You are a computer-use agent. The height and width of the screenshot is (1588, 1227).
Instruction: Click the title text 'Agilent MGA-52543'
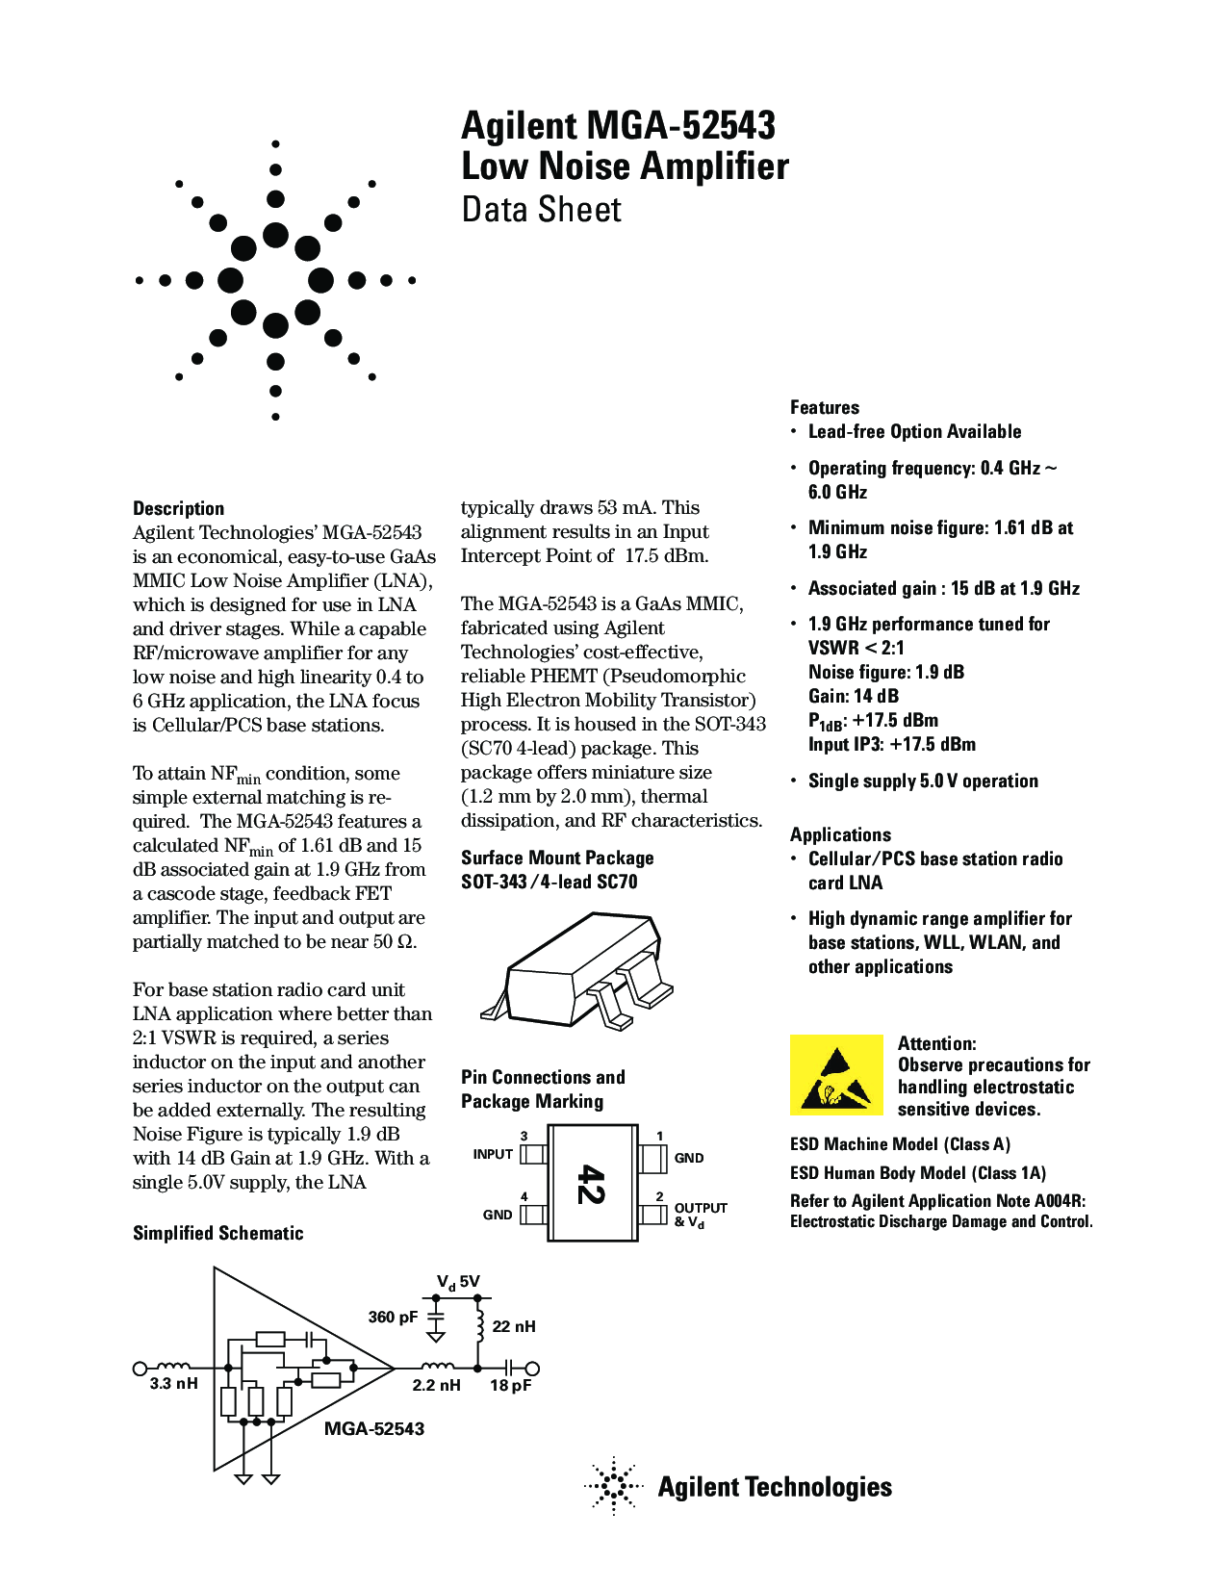pyautogui.click(x=618, y=126)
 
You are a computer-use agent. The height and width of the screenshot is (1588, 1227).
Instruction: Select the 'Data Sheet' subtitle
pyautogui.click(x=542, y=209)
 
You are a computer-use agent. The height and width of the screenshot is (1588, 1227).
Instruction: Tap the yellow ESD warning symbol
pyautogui.click(x=835, y=1074)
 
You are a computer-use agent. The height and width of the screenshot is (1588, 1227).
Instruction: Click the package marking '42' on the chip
pyautogui.click(x=591, y=1183)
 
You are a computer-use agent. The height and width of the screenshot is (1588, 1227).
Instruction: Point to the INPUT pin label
pyautogui.click(x=493, y=1154)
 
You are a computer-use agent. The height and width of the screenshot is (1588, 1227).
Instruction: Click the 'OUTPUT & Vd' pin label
pyautogui.click(x=700, y=1215)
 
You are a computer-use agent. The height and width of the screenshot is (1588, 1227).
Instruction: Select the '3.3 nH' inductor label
pyautogui.click(x=174, y=1384)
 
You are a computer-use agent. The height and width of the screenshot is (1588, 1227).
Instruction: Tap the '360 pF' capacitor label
pyautogui.click(x=393, y=1317)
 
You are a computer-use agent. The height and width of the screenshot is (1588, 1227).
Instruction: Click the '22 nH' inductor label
pyautogui.click(x=514, y=1326)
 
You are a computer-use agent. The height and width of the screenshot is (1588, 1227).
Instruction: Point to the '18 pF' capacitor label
pyautogui.click(x=510, y=1386)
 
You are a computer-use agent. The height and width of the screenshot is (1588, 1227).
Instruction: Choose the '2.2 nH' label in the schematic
pyautogui.click(x=436, y=1386)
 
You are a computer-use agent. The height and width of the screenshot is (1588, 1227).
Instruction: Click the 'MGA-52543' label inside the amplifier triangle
pyautogui.click(x=374, y=1429)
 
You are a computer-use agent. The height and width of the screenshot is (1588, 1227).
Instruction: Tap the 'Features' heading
pyautogui.click(x=825, y=407)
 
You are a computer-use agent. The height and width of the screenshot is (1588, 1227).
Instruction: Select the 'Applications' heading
pyautogui.click(x=840, y=834)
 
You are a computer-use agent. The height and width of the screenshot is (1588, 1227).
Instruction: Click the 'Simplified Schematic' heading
pyautogui.click(x=217, y=1233)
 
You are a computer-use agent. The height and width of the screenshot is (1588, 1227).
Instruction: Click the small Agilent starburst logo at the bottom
pyautogui.click(x=613, y=1486)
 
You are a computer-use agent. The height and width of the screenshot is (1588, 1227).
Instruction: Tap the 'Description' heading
pyautogui.click(x=178, y=508)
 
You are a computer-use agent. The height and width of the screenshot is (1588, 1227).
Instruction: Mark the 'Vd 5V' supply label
pyautogui.click(x=458, y=1282)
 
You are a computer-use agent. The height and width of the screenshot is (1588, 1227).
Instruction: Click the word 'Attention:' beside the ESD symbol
pyautogui.click(x=936, y=1043)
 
